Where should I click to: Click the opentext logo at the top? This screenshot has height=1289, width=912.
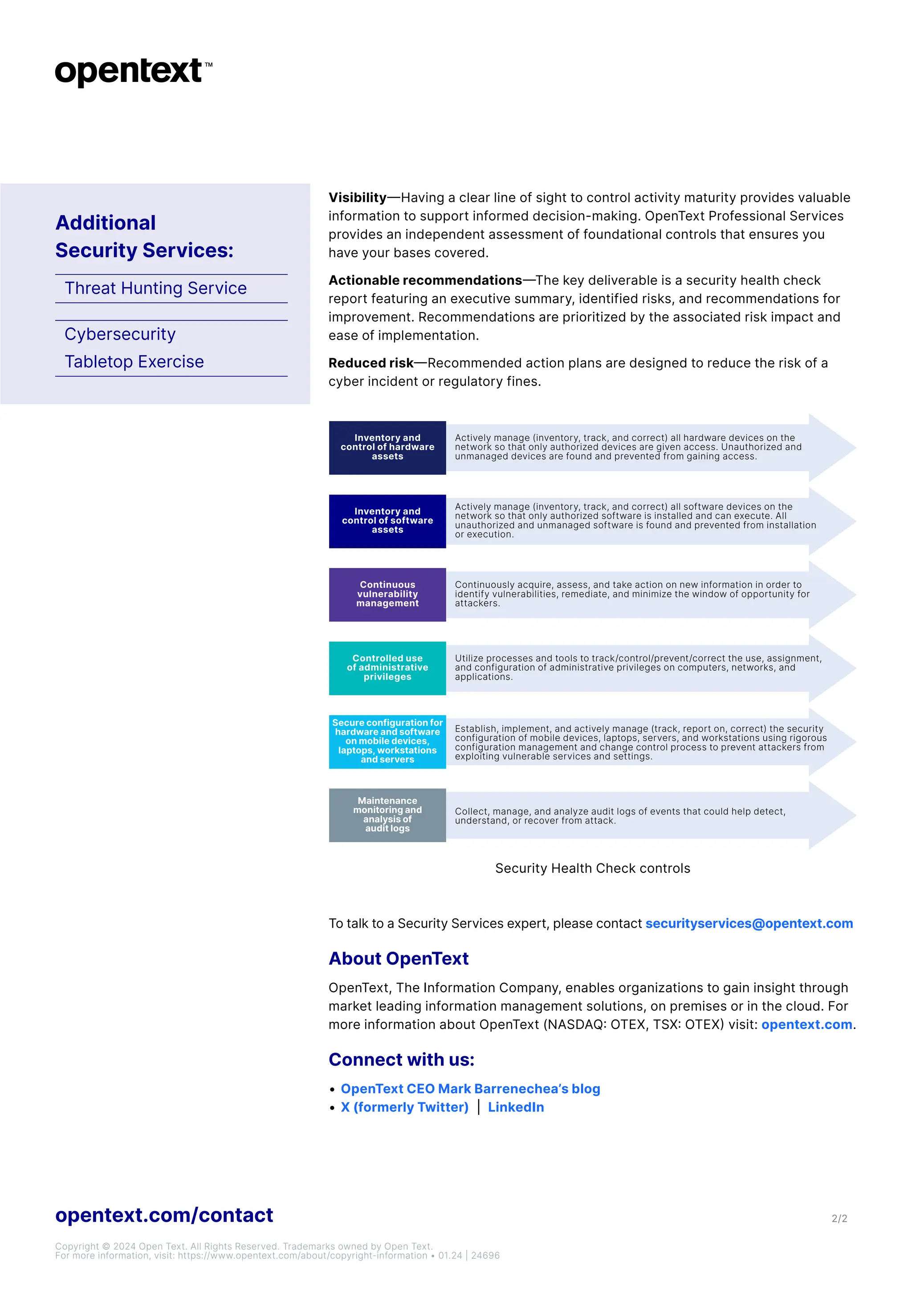[133, 71]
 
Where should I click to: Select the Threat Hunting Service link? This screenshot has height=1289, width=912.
[155, 288]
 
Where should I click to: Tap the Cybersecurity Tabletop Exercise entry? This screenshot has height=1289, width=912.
[134, 348]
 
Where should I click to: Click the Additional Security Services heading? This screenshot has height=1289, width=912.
[144, 236]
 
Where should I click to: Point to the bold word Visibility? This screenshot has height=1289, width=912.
[357, 198]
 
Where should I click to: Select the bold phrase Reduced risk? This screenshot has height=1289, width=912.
[370, 363]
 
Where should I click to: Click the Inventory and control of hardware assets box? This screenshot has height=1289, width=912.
[387, 447]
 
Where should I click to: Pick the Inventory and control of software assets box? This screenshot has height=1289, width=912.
[387, 521]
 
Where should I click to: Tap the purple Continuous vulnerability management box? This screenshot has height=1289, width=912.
[387, 595]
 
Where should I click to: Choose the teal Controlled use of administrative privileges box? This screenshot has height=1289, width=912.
[387, 668]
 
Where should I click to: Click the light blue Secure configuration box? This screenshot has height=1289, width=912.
[387, 741]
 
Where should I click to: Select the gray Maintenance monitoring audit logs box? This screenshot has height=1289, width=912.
[387, 815]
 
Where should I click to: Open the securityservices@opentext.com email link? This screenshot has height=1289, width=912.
[749, 924]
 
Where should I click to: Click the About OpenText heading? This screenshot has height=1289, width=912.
[398, 958]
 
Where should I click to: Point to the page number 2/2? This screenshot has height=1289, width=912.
[839, 1218]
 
